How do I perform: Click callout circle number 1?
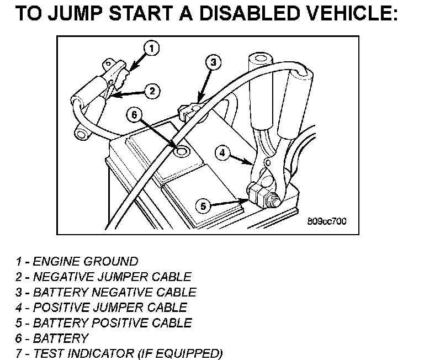coord(152,48)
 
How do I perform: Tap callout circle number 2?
coord(153,91)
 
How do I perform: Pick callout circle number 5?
coord(203,206)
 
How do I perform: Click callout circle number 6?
coord(134,114)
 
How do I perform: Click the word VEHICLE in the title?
coord(351,14)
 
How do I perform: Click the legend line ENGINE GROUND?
coord(77,261)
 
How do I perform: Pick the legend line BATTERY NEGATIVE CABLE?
coord(105,292)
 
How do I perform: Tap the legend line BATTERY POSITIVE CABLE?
coord(103,322)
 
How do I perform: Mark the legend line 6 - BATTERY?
coord(52,338)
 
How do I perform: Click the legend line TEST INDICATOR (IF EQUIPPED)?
coord(119,353)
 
